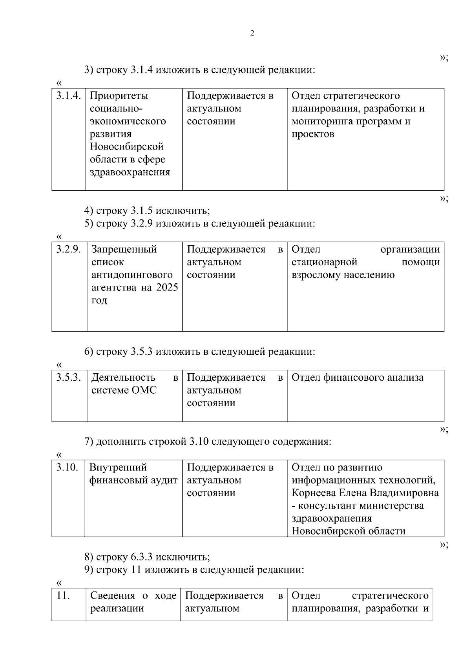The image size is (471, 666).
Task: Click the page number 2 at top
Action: (252, 33)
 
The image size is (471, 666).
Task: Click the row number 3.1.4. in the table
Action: (69, 96)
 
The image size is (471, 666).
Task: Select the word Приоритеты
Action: (119, 96)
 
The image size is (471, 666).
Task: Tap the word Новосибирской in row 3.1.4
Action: (127, 147)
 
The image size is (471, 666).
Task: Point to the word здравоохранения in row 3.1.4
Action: (130, 172)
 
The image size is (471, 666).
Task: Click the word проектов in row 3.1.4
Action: (313, 134)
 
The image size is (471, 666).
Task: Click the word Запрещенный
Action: (124, 249)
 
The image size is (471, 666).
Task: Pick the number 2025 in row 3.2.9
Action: (167, 287)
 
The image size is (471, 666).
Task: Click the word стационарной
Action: (324, 262)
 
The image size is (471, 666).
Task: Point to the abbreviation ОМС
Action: (143, 390)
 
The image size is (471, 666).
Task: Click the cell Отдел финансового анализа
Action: (358, 378)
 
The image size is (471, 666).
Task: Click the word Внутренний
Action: (118, 467)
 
